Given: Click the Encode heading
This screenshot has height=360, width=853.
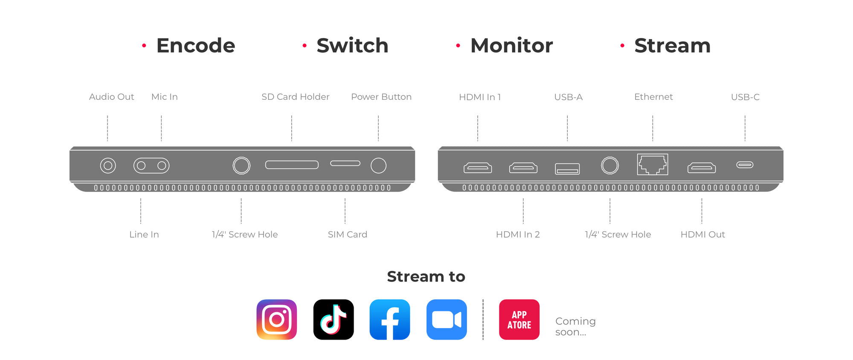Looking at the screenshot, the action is (196, 46).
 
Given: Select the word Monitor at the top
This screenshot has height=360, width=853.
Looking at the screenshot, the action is (511, 46).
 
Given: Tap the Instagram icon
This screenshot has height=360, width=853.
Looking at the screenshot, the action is (277, 319).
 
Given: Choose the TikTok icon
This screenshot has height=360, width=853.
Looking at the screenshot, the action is (334, 319).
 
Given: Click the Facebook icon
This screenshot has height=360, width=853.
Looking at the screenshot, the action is (390, 319).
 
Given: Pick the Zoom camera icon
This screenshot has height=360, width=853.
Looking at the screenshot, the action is (447, 319).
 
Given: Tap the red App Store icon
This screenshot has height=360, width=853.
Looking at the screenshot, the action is (519, 319).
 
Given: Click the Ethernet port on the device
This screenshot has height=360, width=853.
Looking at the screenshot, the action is (653, 164).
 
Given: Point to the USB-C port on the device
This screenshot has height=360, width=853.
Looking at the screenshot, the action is (745, 165).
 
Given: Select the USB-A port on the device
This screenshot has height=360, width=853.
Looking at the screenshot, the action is (567, 169).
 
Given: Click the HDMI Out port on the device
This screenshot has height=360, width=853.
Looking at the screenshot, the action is (702, 168).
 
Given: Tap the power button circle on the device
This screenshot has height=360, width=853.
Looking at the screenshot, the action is (378, 165).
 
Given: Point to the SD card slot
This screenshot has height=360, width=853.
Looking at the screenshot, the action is (292, 165).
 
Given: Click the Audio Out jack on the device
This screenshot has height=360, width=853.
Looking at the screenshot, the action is (108, 165).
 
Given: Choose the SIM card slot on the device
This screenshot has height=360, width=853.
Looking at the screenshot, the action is (345, 163).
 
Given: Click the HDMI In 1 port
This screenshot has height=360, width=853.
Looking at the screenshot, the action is (478, 168).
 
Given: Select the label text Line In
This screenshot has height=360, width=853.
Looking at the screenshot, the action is (144, 234).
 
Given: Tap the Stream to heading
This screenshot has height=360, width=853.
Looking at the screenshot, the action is (426, 276).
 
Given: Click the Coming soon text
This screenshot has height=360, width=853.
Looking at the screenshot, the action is (575, 326).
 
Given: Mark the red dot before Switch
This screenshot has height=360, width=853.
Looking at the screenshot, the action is (305, 45).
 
